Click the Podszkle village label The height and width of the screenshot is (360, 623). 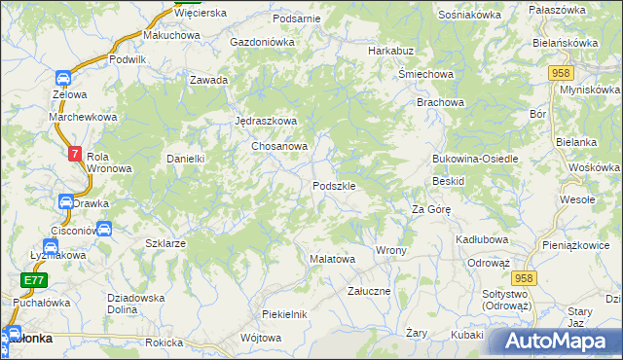pyautogui.click(x=339, y=186)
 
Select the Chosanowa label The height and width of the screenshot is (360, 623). pyautogui.click(x=279, y=146)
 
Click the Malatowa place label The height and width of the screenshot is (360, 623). pyautogui.click(x=332, y=260)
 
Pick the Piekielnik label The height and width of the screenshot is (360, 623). pyautogui.click(x=284, y=314)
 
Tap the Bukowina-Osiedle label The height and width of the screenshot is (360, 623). pyautogui.click(x=471, y=159)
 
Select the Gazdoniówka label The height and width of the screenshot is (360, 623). pyautogui.click(x=262, y=43)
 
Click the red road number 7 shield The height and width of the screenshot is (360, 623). pyautogui.click(x=75, y=154)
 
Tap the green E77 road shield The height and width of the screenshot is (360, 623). pyautogui.click(x=33, y=280)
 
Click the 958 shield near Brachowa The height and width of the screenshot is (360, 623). pyautogui.click(x=559, y=74)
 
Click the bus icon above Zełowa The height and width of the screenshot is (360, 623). pyautogui.click(x=62, y=78)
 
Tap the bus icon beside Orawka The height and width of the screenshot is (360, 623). pyautogui.click(x=66, y=202)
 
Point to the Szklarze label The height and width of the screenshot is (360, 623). pyautogui.click(x=165, y=243)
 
